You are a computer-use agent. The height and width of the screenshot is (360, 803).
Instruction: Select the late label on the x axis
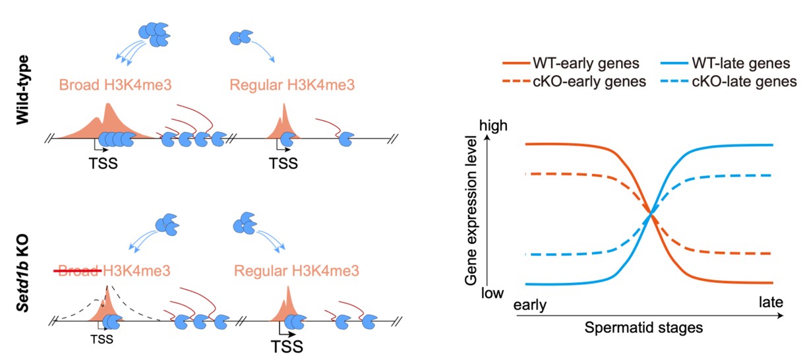(x=769, y=303)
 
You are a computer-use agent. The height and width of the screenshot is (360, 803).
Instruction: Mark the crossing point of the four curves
(x=651, y=213)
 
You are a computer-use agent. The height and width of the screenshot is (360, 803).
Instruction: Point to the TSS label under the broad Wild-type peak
(x=104, y=162)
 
